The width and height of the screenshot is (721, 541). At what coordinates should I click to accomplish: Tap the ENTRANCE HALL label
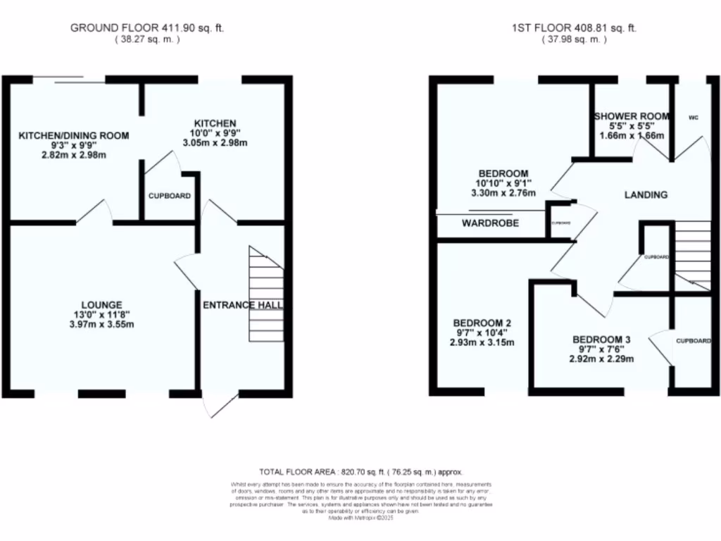point(243,305)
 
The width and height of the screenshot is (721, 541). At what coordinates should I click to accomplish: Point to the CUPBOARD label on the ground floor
point(169,196)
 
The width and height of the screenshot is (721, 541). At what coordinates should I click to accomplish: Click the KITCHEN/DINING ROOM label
point(74,135)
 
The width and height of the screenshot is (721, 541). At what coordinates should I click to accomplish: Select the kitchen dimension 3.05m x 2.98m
point(216,143)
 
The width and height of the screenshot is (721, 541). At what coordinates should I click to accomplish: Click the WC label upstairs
point(693,117)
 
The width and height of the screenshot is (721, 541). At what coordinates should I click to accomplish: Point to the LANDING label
point(646,195)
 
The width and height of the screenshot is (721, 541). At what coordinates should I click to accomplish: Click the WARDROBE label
point(490,223)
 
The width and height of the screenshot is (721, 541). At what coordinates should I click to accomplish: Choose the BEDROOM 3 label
point(601,339)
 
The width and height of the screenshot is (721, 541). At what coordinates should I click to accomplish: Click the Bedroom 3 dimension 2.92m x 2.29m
point(601,359)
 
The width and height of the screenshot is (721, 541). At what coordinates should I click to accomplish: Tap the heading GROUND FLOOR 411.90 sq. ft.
point(147,28)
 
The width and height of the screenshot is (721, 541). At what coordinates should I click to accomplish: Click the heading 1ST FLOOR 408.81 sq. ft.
point(574,28)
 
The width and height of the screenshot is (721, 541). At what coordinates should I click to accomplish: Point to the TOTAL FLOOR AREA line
point(360,472)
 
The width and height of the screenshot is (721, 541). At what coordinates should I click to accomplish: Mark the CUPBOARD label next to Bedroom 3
point(694,341)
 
